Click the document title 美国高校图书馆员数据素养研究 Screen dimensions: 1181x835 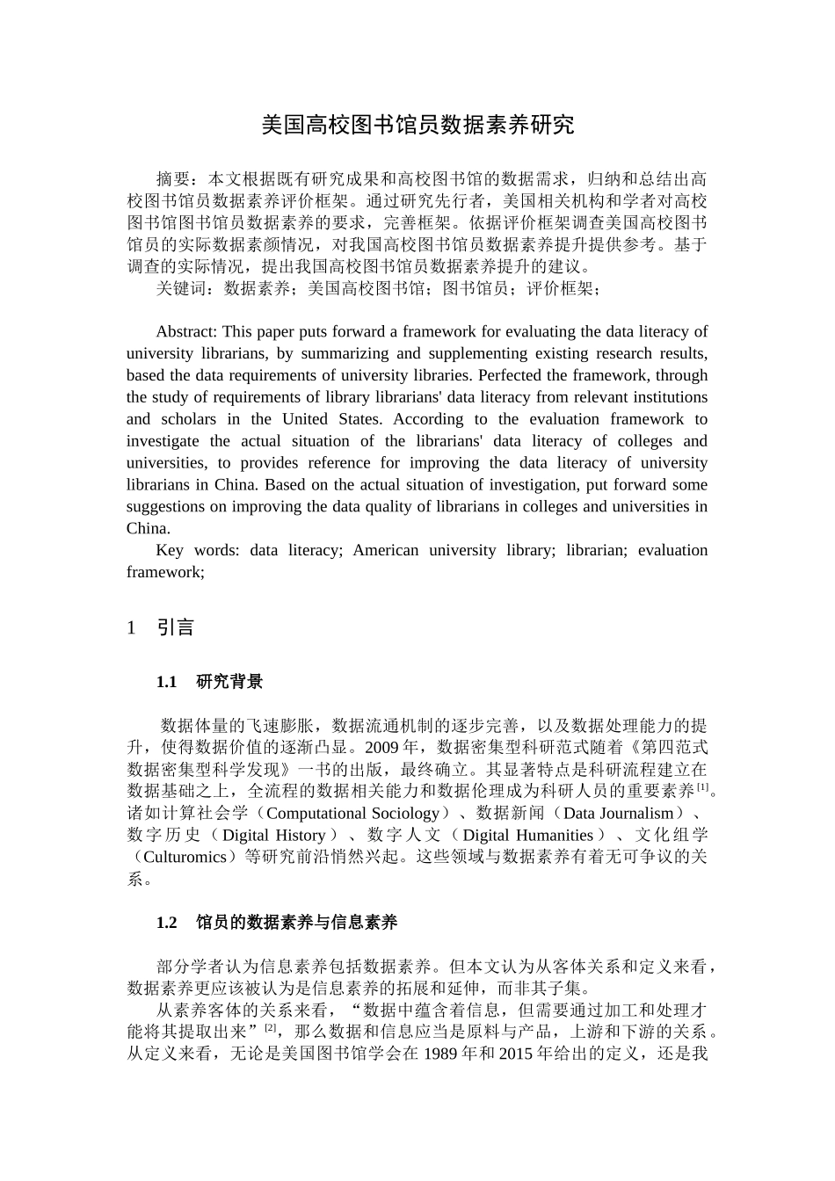417,126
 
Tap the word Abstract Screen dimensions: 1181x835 185,332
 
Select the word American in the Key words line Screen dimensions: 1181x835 386,550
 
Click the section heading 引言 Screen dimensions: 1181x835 175,627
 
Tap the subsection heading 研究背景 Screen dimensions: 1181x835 229,682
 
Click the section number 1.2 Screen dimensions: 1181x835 167,923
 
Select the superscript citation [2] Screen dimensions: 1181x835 271,1027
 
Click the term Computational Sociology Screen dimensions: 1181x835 352,814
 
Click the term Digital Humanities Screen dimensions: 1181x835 527,835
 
